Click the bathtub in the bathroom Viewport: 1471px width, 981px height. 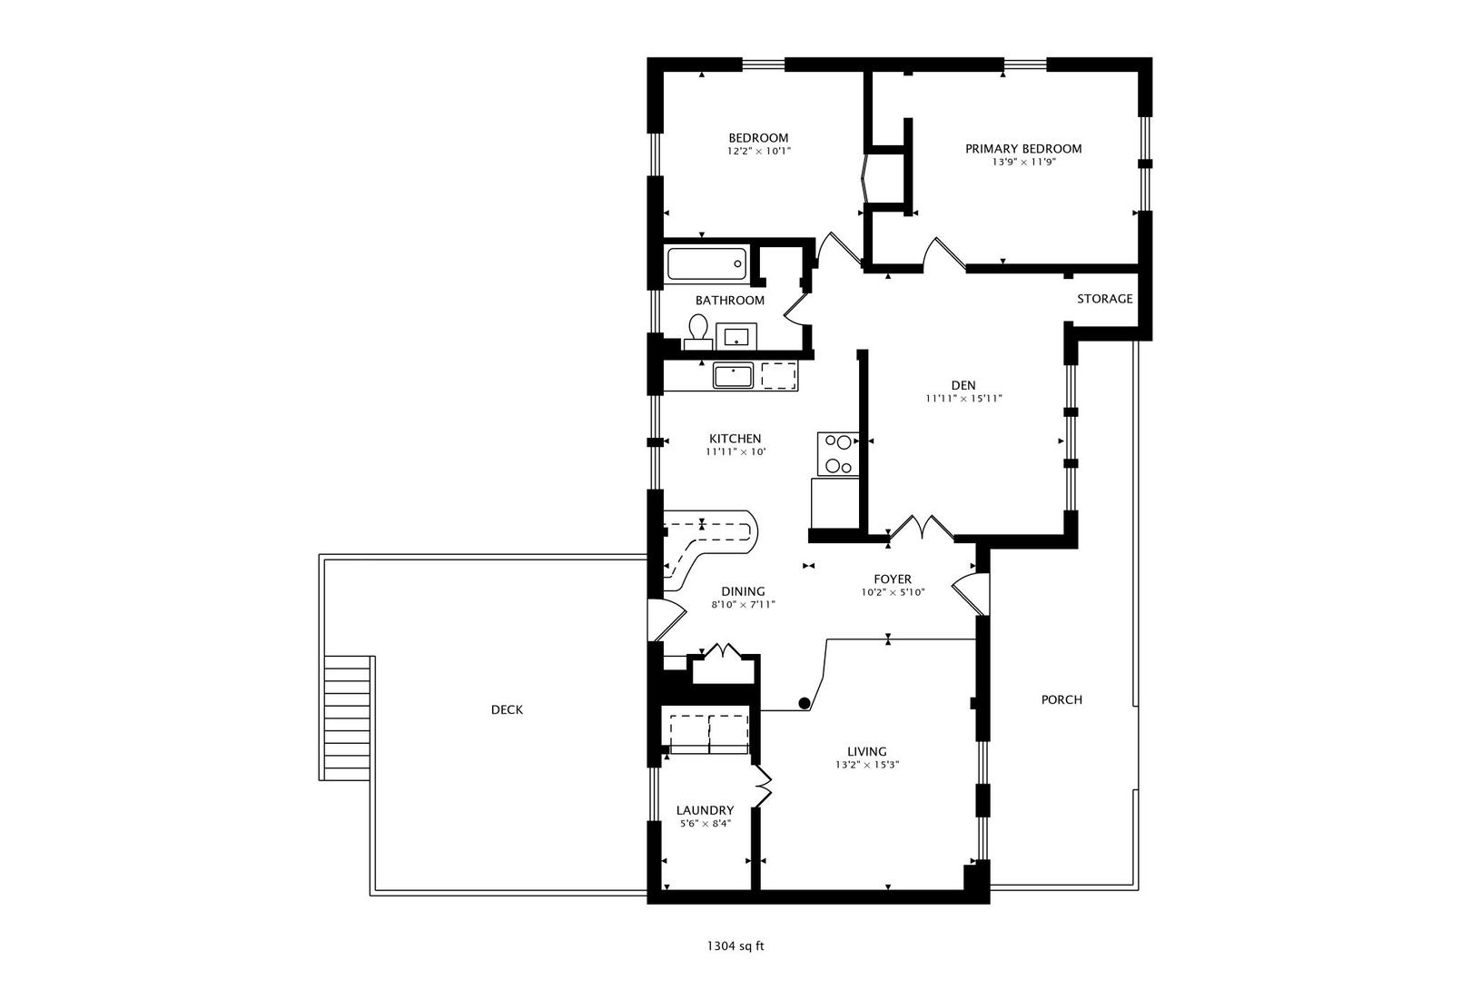pos(706,263)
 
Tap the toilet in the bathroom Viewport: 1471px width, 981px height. pos(698,332)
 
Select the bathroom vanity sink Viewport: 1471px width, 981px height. pos(736,336)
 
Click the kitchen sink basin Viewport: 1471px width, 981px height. pos(733,376)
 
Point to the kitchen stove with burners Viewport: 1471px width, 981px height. pos(838,453)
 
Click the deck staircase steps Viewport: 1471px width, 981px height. pos(348,718)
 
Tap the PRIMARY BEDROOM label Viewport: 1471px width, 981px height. pos(1023,148)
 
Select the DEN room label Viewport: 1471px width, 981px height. pos(963,385)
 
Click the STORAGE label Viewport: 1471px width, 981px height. pos(1104,299)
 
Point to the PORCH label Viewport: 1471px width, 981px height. pos(1061,699)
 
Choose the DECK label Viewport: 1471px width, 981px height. pos(507,709)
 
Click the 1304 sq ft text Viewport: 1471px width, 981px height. pos(735,946)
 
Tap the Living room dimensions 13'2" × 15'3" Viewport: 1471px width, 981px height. pos(867,765)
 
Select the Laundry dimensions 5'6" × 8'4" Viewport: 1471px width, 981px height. pos(706,823)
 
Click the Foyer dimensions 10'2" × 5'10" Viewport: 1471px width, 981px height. pos(893,592)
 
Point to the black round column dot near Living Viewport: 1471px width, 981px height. pos(804,703)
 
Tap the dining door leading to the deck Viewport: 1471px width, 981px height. pos(666,619)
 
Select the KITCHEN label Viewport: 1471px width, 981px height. pos(735,439)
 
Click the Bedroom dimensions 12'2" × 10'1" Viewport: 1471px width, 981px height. pos(758,151)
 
